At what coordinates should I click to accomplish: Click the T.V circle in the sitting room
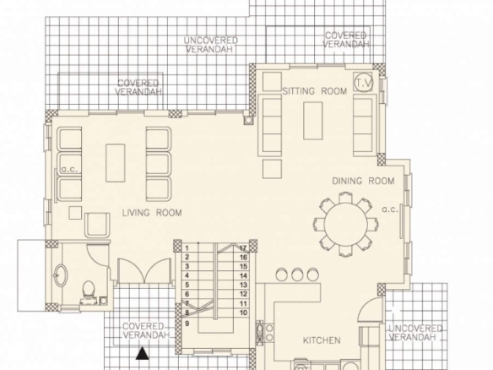click(364, 83)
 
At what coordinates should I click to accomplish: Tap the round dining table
click(346, 225)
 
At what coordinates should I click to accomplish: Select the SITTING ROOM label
click(315, 91)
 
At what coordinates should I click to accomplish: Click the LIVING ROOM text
click(152, 213)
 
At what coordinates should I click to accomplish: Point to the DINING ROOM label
click(363, 181)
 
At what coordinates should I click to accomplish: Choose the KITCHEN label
click(322, 340)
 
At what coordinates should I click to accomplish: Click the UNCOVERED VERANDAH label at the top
click(210, 45)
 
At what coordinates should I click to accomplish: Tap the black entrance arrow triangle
click(143, 353)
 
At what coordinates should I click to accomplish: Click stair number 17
click(243, 248)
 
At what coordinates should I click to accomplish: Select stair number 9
click(187, 324)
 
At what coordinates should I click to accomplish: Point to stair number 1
click(187, 248)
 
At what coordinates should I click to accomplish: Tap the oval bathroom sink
click(60, 275)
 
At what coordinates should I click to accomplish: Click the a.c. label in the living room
click(69, 169)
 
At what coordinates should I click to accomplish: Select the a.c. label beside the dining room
click(390, 209)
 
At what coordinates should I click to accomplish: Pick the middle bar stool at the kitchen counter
click(297, 275)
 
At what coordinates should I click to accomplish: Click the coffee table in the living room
click(116, 163)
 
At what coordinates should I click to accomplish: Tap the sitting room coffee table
click(312, 121)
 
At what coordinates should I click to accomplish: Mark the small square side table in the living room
click(75, 213)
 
